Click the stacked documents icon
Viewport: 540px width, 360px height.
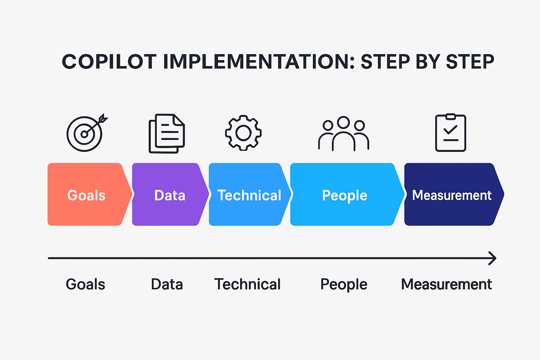[x=167, y=133]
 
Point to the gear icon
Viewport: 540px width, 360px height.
[x=243, y=133]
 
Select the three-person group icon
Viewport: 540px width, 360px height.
[x=343, y=134]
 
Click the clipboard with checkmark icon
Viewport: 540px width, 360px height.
[x=451, y=133]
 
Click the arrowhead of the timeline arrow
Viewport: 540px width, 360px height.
[x=493, y=258]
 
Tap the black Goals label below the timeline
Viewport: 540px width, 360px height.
[x=85, y=284]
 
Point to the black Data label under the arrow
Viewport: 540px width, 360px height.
[x=167, y=284]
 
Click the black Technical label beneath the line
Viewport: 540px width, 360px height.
[x=247, y=284]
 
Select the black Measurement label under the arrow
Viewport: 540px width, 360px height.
[x=446, y=284]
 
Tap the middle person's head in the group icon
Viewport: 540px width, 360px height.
[x=343, y=122]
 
